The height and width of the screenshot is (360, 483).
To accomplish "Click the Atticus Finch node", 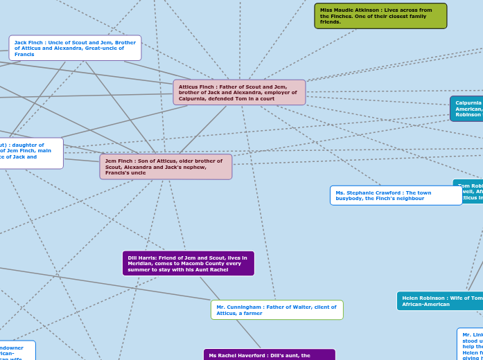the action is [239, 92].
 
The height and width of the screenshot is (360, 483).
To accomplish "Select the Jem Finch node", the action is [166, 166].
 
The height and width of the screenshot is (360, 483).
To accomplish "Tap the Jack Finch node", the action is [75, 48].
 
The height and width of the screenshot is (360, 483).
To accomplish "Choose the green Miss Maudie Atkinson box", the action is [380, 16].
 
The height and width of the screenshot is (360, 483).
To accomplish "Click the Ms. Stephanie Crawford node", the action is [396, 195].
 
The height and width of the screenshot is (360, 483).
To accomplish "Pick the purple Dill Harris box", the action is [188, 263].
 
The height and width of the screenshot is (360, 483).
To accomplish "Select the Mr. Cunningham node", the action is [276, 309].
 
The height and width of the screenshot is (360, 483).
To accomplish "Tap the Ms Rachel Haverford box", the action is [269, 354].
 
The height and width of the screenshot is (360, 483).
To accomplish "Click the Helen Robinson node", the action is [440, 300].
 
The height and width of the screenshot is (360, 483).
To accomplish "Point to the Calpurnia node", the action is [468, 109].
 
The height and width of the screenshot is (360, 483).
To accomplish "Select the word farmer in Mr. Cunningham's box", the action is [252, 313].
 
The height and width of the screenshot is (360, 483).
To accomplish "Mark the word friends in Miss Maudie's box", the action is [331, 22].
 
